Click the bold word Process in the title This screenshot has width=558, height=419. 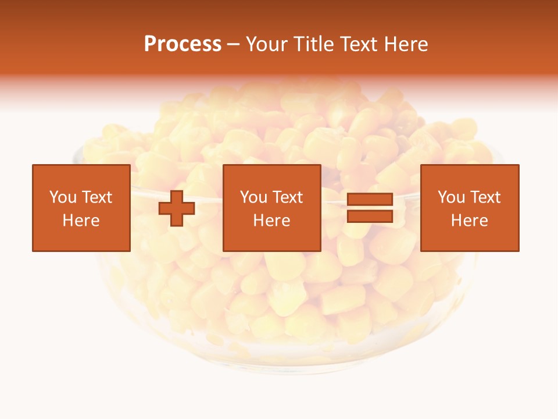[183, 44]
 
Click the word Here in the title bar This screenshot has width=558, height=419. [406, 44]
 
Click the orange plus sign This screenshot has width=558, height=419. [177, 208]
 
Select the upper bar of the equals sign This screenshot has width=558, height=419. [370, 200]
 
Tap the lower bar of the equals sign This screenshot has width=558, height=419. [370, 216]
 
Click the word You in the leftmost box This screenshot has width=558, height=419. [63, 197]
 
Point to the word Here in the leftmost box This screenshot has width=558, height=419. [81, 221]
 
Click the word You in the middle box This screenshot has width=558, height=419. [254, 197]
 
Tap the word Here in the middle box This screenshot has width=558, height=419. [271, 221]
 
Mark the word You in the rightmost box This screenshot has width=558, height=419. [452, 197]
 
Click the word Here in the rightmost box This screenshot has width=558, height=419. [469, 221]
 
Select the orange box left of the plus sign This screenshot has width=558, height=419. [81, 175]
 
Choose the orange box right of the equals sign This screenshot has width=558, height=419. [469, 175]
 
